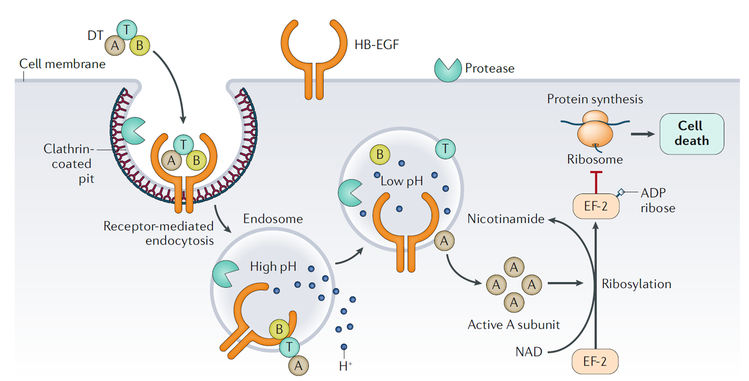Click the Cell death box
[x=692, y=134]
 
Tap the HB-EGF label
[x=377, y=44]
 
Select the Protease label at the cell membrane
[x=489, y=68]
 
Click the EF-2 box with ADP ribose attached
[x=596, y=206]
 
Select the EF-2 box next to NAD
[x=595, y=361]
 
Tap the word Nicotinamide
[x=506, y=219]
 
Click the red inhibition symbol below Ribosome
[x=596, y=182]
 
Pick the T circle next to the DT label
[x=127, y=30]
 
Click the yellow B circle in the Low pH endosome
[x=380, y=154]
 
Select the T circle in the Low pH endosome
[x=445, y=148]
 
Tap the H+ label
[x=345, y=366]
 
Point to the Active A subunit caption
[x=514, y=324]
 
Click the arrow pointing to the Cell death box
[x=643, y=134]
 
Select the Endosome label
[x=273, y=219]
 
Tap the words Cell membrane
[x=62, y=64]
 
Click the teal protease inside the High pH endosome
[x=225, y=273]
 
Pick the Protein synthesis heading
[x=595, y=99]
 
